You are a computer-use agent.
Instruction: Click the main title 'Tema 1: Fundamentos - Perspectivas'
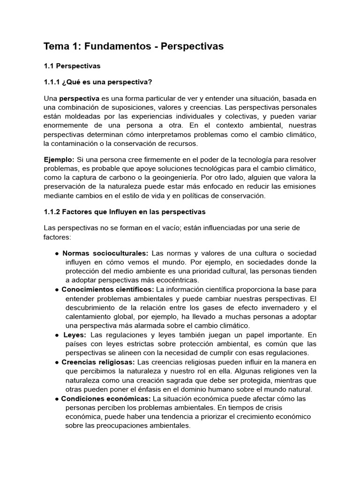pyautogui.click(x=134, y=46)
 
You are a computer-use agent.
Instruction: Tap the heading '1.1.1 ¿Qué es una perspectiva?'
pyautogui.click(x=98, y=82)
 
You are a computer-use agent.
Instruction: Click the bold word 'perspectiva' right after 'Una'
pyautogui.click(x=79, y=98)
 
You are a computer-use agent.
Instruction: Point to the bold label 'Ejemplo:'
pyautogui.click(x=59, y=160)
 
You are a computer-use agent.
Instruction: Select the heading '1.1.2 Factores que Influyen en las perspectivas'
pyautogui.click(x=125, y=212)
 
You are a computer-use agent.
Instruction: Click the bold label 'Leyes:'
pyautogui.click(x=75, y=335)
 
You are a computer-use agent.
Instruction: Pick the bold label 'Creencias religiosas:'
pyautogui.click(x=98, y=362)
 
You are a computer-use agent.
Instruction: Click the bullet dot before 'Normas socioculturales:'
pyautogui.click(x=57, y=254)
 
